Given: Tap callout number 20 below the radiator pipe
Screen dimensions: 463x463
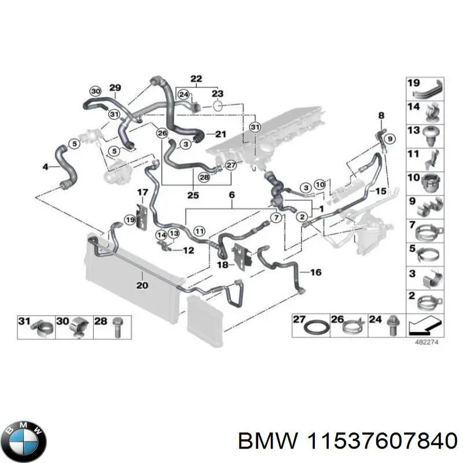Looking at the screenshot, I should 142,285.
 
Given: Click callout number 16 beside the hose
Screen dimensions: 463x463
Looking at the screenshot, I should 315,272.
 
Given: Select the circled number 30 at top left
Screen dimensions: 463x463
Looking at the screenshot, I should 96,91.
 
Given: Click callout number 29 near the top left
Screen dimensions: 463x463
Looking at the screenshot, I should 115,88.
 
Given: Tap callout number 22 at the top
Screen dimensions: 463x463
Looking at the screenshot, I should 196,79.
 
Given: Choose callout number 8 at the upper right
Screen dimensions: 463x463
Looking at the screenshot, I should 381,116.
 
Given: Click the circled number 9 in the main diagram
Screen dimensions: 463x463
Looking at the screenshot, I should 389,138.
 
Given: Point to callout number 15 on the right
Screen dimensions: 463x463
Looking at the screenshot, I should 380,192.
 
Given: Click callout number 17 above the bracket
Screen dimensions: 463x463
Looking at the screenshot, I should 142,192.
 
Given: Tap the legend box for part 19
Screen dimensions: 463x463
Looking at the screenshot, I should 425,90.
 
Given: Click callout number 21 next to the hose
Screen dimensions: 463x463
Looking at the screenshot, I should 220,134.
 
